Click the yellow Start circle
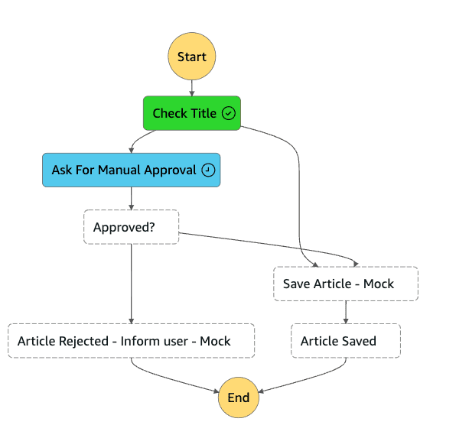(x=192, y=57)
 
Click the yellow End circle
(x=238, y=397)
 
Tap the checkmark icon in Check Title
(x=228, y=113)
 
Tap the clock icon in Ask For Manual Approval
(x=208, y=170)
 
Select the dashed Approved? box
(x=131, y=227)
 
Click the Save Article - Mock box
(x=346, y=284)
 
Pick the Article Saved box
(x=346, y=341)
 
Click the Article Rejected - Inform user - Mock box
(x=131, y=341)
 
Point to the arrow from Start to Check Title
(x=192, y=87)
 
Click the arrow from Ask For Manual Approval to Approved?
(x=132, y=199)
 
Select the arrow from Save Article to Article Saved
(x=346, y=312)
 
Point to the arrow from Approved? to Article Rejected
(x=132, y=283)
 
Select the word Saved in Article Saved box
(x=358, y=341)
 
